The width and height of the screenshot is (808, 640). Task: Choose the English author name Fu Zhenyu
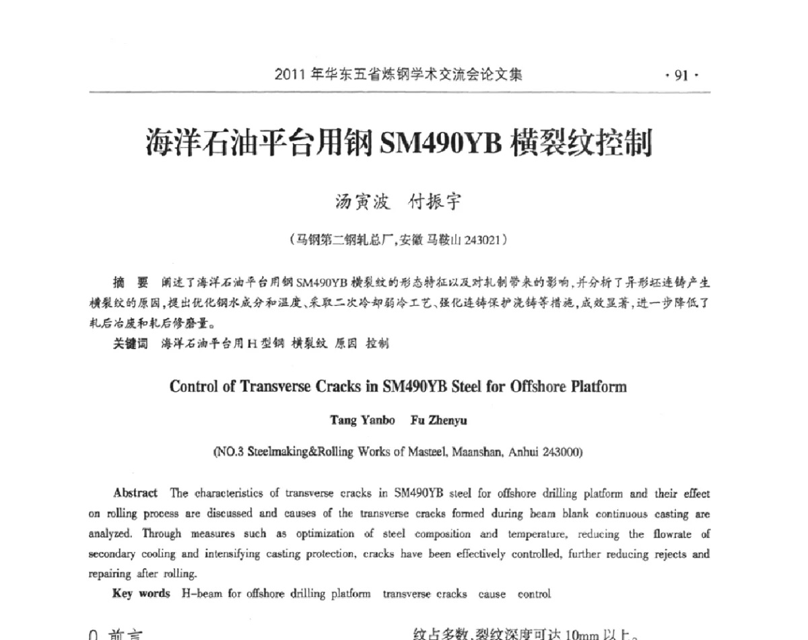[438, 421]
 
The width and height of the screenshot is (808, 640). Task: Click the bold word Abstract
[136, 493]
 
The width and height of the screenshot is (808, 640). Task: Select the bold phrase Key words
[141, 594]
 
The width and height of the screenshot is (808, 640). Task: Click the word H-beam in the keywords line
[201, 594]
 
